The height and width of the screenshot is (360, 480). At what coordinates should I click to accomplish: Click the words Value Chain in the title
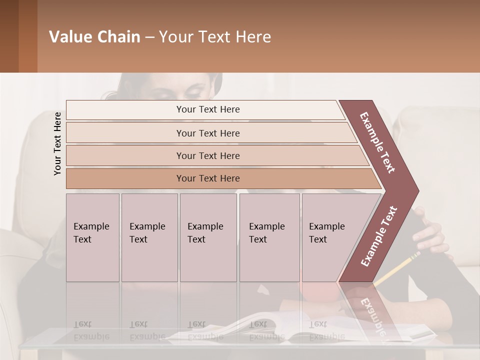pos(94,37)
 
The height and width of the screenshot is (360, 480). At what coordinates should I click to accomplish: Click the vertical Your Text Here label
pos(57,143)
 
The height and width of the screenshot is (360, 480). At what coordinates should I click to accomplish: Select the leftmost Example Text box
pos(92,237)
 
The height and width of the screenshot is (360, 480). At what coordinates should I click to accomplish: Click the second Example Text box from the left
pos(149,237)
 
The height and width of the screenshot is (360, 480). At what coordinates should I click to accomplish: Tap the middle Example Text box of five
pos(208,237)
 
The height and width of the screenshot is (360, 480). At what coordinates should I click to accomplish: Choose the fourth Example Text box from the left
pos(269,237)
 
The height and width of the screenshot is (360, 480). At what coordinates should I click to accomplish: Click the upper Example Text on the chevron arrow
pos(377,142)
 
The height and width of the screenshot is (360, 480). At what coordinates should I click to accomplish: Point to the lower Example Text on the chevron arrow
pos(378,236)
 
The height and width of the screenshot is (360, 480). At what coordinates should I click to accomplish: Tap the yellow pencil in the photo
pos(397,270)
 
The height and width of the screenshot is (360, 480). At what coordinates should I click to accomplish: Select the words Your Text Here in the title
pos(215,37)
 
